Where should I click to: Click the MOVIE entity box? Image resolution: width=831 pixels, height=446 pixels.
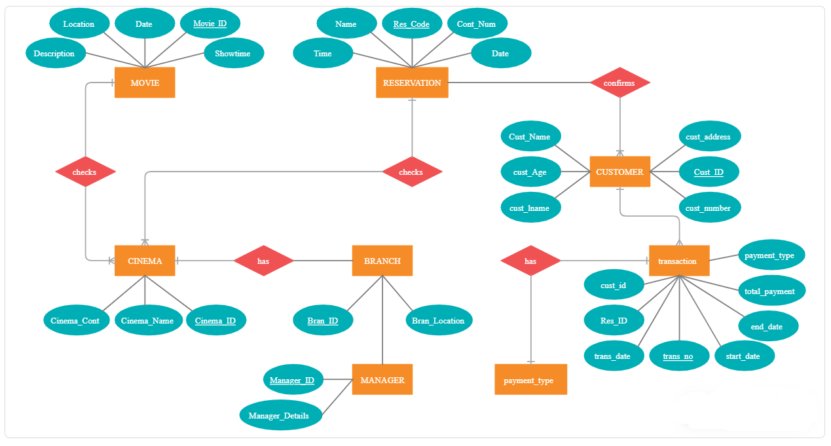[145, 83]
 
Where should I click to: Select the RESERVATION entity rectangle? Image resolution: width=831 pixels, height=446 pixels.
[412, 83]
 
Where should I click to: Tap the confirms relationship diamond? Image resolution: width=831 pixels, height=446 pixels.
[619, 83]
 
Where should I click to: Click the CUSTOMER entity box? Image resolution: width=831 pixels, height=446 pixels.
[619, 172]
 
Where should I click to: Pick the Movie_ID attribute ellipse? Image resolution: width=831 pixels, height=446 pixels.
[210, 24]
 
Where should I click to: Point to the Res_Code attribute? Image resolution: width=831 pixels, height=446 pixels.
[411, 24]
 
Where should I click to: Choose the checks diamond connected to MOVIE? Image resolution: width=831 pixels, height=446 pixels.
[85, 172]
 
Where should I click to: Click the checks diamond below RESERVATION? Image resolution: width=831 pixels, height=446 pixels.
[411, 172]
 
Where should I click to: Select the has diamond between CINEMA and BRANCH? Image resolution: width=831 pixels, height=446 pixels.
[263, 261]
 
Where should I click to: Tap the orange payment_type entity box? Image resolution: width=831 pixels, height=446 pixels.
[530, 380]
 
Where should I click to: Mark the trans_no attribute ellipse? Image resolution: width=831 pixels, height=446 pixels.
[679, 356]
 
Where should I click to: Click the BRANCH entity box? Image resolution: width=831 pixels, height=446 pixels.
[382, 261]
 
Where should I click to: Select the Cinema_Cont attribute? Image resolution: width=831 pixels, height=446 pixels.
[75, 321]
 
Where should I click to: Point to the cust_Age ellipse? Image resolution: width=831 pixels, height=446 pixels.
[530, 172]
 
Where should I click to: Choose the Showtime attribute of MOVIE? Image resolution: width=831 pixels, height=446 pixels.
[233, 54]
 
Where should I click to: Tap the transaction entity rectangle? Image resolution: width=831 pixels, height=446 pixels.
[679, 261]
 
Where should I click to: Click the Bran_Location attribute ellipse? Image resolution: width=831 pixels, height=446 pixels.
[438, 321]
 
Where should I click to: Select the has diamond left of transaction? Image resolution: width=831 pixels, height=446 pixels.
[530, 261]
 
